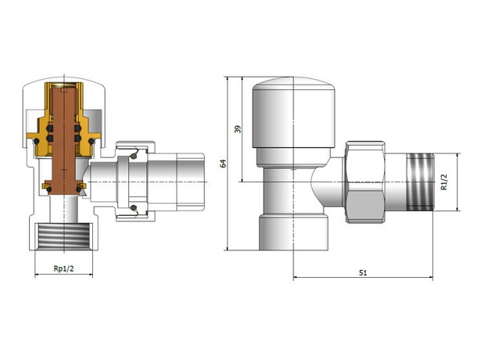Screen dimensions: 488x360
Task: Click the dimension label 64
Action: (x=223, y=164)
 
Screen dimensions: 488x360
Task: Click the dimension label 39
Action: (x=238, y=129)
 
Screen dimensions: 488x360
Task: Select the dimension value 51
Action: (x=363, y=273)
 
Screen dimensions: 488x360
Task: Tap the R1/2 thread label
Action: (x=443, y=182)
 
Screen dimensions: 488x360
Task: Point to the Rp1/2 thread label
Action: (x=64, y=268)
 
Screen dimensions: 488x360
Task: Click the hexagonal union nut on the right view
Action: (x=364, y=182)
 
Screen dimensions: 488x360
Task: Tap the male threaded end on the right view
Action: (x=420, y=182)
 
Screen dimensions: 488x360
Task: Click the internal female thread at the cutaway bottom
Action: (x=64, y=236)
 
